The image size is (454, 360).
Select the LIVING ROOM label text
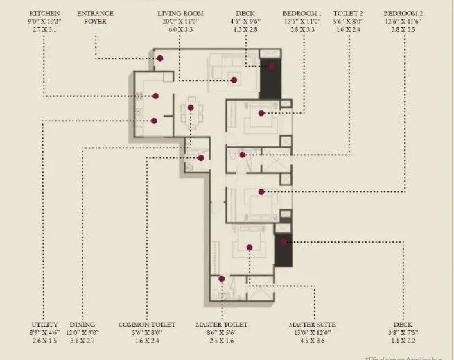tap(180, 13)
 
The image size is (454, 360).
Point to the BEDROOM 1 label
tap(302, 13)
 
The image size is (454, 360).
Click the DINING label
tap(82, 325)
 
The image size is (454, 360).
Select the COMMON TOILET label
tap(146, 325)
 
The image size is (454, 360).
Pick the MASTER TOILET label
tap(220, 325)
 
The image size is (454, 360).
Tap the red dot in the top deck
tap(272, 67)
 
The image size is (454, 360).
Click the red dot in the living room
tap(234, 80)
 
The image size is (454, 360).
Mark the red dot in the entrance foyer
tap(159, 58)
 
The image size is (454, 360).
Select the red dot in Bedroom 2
tap(261, 191)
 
